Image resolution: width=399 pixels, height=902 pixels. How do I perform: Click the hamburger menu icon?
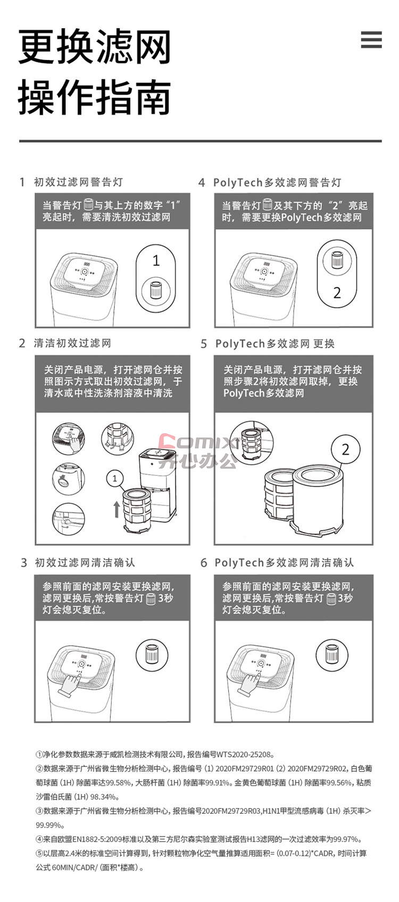pos(371,40)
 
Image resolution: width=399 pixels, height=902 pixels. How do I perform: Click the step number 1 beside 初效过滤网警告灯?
pos(22,182)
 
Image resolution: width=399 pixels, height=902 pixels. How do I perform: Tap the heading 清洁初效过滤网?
pos(72,343)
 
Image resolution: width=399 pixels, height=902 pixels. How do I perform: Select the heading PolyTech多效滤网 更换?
pos(275,343)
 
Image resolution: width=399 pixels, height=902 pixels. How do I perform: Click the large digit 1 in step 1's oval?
pos(156,260)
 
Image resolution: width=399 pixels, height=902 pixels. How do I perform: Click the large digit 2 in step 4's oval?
pos(337,292)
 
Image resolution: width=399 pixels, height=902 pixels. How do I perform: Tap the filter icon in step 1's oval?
pos(155,290)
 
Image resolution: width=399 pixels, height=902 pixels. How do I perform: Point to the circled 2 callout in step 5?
pos(345,449)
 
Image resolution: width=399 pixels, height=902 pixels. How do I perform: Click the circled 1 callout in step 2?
pos(115,478)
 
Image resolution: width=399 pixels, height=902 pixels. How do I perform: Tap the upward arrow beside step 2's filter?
pos(116,509)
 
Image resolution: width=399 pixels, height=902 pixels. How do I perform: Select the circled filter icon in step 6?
pos(331,655)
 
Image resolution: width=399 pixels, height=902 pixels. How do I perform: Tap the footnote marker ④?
pos(39,839)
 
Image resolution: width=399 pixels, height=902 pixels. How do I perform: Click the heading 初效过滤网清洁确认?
pos(85,562)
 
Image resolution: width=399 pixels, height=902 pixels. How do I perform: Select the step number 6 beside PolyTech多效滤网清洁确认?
pos(204,563)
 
